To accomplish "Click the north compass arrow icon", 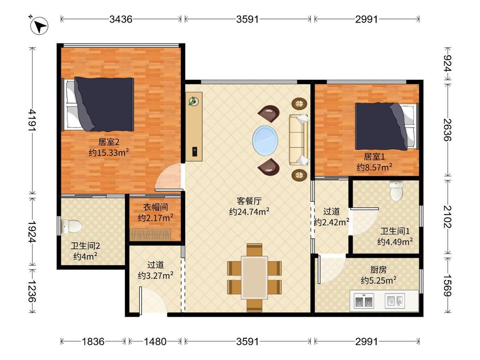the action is click(x=40, y=26).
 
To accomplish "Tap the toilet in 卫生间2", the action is click(x=71, y=226).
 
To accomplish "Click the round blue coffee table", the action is click(x=265, y=140).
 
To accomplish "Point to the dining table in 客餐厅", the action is click(x=254, y=277).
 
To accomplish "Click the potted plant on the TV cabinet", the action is click(x=193, y=101).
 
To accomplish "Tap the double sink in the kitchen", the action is click(x=364, y=301).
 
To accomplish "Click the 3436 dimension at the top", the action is click(x=121, y=19).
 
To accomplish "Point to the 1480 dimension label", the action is click(x=155, y=341).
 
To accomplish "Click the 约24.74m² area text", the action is click(x=249, y=212).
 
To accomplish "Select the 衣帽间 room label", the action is click(x=155, y=207).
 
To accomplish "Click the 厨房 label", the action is click(x=378, y=270).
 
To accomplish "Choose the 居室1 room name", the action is click(x=374, y=157).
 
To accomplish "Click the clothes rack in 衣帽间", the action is click(x=150, y=235).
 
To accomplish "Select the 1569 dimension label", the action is click(x=448, y=285).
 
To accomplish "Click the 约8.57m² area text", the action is click(x=374, y=167).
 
